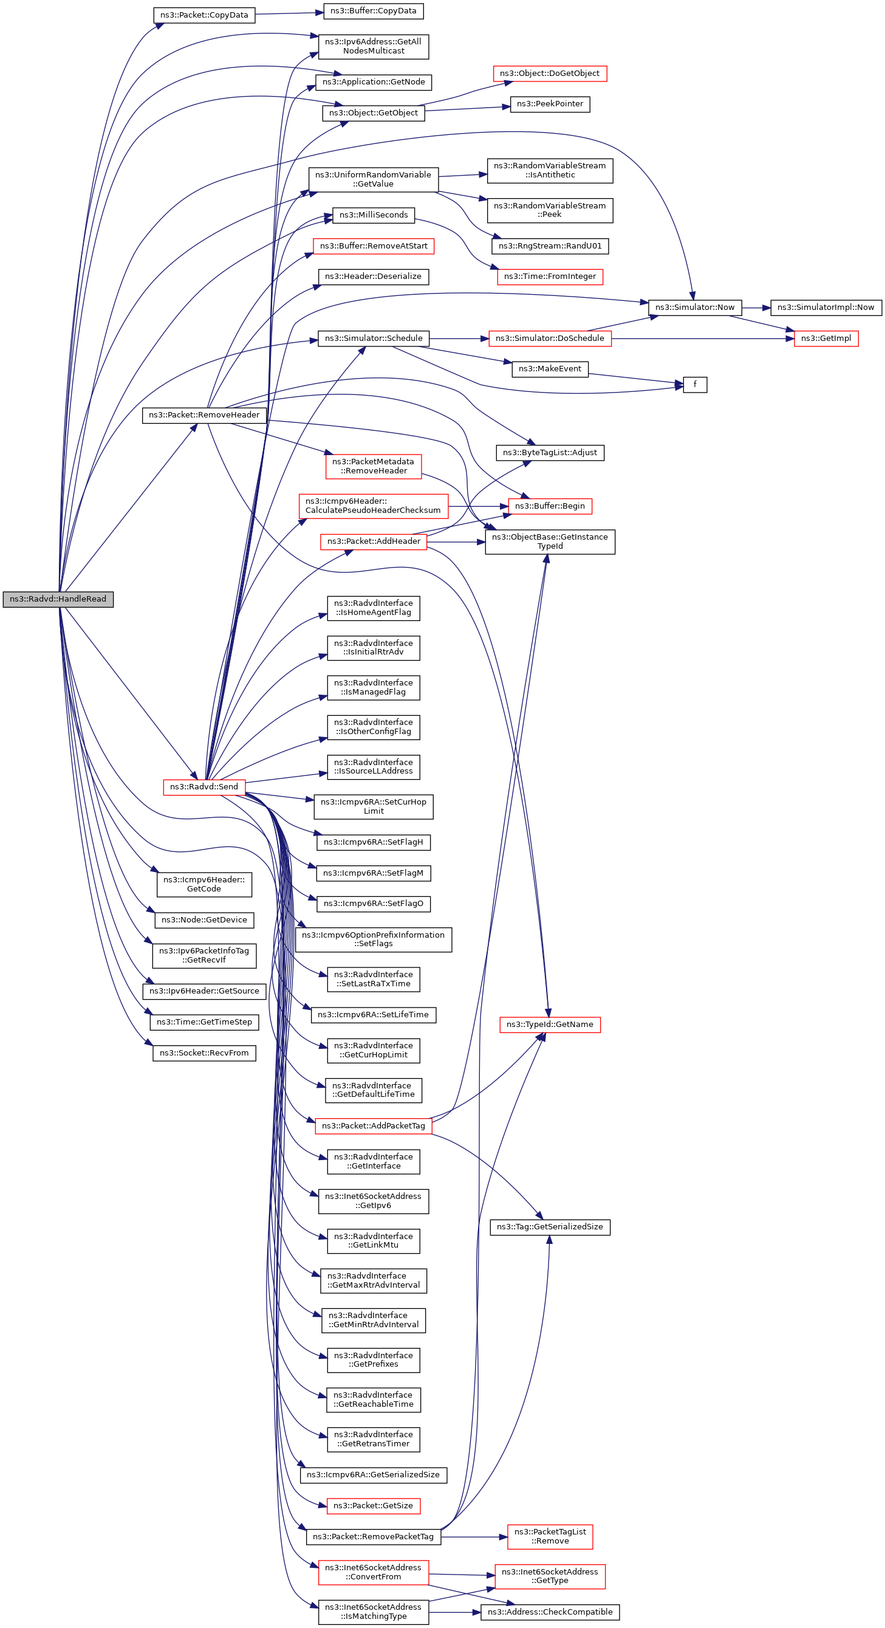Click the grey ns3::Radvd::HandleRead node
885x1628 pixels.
tap(58, 599)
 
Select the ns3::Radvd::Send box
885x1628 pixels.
tap(204, 787)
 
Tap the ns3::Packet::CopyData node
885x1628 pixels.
tap(204, 15)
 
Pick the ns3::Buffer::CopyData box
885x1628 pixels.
tap(373, 11)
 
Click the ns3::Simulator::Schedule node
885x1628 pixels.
tap(374, 338)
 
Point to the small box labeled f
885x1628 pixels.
tap(695, 384)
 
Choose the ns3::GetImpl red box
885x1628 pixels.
tap(825, 338)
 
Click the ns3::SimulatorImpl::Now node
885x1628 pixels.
tap(825, 307)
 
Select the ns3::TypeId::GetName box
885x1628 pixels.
tap(550, 1025)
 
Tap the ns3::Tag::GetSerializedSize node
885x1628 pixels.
tap(550, 1227)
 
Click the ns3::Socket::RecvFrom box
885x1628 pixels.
tap(204, 1053)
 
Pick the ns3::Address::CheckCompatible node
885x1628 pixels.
tap(550, 1612)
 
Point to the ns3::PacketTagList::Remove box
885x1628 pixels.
tap(550, 1536)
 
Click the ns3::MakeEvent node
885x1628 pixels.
tap(550, 368)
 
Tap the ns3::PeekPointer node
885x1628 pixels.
tap(550, 104)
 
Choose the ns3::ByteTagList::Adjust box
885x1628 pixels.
tap(550, 453)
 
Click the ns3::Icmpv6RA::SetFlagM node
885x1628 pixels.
tap(374, 873)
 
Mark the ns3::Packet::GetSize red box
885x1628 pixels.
tap(374, 1505)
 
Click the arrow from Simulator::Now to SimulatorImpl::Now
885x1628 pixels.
tap(756, 307)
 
